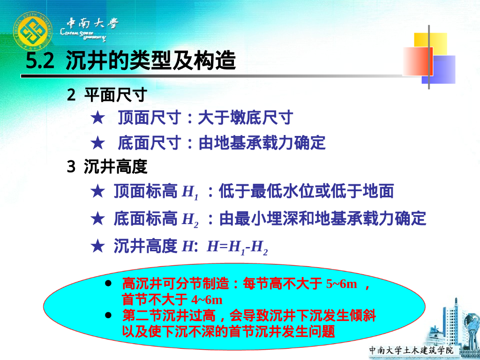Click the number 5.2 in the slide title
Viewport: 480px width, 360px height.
click(41, 61)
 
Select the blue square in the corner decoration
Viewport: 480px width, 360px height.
click(441, 69)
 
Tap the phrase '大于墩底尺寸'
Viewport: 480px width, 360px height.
click(245, 118)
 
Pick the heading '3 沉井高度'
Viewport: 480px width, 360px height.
click(107, 166)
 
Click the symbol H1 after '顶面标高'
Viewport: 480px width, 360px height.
click(190, 192)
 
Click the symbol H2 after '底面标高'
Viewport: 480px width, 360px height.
click(190, 219)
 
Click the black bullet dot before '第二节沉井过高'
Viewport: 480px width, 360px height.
click(109, 315)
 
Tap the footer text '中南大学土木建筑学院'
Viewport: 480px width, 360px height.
click(411, 350)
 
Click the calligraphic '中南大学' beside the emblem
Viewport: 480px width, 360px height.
click(92, 23)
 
